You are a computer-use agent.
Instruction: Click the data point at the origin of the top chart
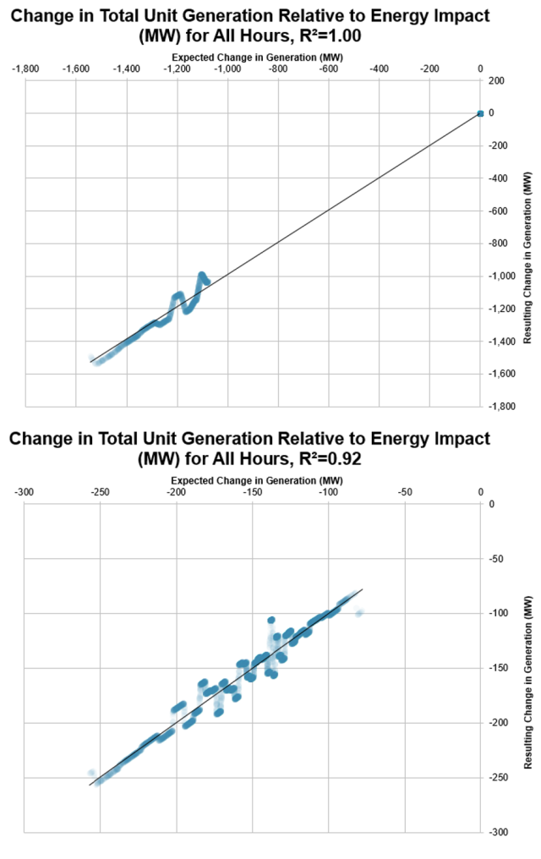(x=479, y=113)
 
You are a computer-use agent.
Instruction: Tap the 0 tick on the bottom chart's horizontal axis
(x=480, y=492)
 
